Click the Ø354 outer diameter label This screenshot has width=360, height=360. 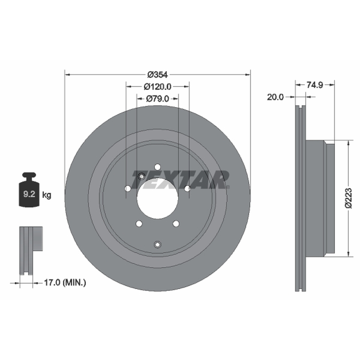[158, 75]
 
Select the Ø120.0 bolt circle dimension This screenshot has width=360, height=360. [157, 86]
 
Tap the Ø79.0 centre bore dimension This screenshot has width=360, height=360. [157, 99]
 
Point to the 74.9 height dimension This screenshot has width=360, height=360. [315, 85]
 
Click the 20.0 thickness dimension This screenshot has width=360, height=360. [275, 97]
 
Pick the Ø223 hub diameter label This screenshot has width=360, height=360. [348, 198]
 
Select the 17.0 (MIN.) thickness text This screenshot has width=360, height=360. [65, 283]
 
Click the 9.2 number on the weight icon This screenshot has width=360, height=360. [29, 194]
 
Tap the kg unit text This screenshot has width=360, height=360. [47, 195]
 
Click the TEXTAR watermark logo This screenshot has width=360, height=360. [180, 180]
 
